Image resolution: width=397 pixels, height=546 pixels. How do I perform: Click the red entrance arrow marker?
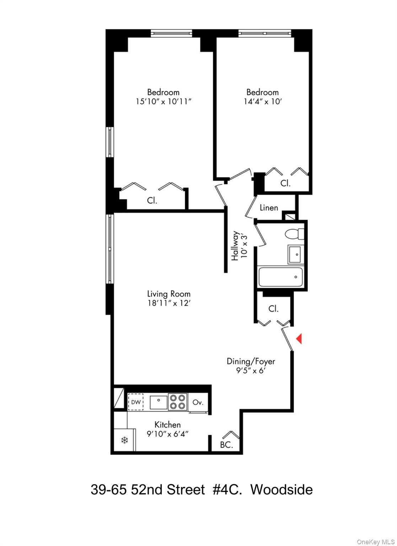tap(299, 338)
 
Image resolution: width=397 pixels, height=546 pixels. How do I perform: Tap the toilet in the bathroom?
tap(294, 234)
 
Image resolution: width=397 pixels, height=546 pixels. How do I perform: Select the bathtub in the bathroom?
tap(280, 277)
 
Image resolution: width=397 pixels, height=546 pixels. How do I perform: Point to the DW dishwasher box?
tap(136, 402)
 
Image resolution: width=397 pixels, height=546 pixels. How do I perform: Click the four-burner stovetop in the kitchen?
tap(177, 402)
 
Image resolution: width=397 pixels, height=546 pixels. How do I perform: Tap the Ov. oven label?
tap(198, 402)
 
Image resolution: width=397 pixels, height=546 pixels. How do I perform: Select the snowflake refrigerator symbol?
tap(124, 440)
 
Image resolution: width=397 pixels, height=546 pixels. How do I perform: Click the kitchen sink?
tap(158, 402)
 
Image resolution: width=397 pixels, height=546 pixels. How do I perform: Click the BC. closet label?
tap(226, 445)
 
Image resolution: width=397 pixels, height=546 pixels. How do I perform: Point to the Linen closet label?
tap(269, 208)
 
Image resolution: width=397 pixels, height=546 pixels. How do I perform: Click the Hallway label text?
tap(235, 246)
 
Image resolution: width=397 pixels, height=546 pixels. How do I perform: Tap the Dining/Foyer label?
tap(251, 362)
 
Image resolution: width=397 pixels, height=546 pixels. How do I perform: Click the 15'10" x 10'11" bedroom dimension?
tap(163, 102)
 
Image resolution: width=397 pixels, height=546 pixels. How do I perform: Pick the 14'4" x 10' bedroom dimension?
tap(263, 102)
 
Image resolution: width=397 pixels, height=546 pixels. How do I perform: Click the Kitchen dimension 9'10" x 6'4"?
tap(167, 434)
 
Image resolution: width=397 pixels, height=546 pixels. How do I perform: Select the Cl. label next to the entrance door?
tap(273, 309)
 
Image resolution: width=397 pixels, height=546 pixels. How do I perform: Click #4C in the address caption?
tap(227, 490)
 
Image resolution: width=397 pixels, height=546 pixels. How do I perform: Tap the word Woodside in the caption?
tap(281, 490)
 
